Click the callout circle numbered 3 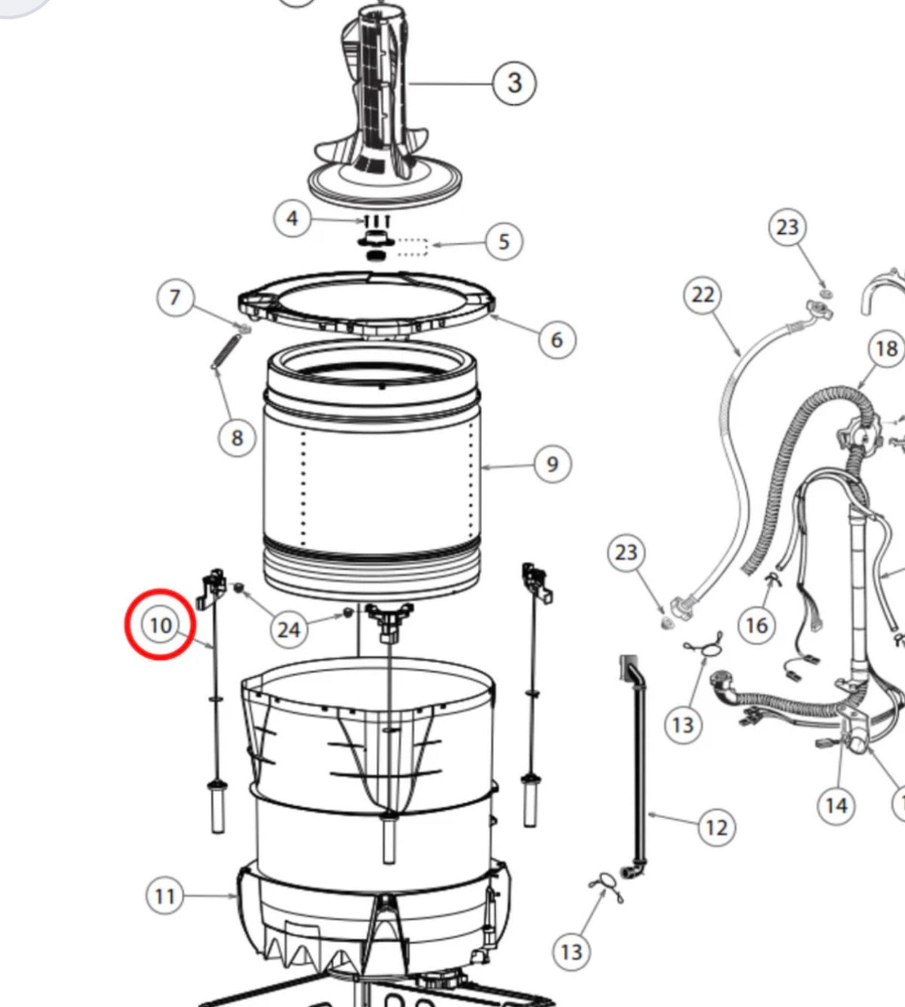pos(514,82)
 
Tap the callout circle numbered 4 pos(292,219)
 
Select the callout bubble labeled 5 pos(504,241)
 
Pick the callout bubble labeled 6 pos(557,339)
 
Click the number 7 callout pos(175,297)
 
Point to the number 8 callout pos(237,437)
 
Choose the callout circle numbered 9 pos(552,464)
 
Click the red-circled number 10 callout pos(161,625)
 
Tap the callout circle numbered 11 pos(164,896)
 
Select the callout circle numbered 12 pos(716,827)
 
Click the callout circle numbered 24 pos(289,628)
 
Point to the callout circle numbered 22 pos(702,295)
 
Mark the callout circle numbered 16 pos(756,625)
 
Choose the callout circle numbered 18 pos(886,348)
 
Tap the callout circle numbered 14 pos(836,806)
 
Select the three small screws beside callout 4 pos(376,221)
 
